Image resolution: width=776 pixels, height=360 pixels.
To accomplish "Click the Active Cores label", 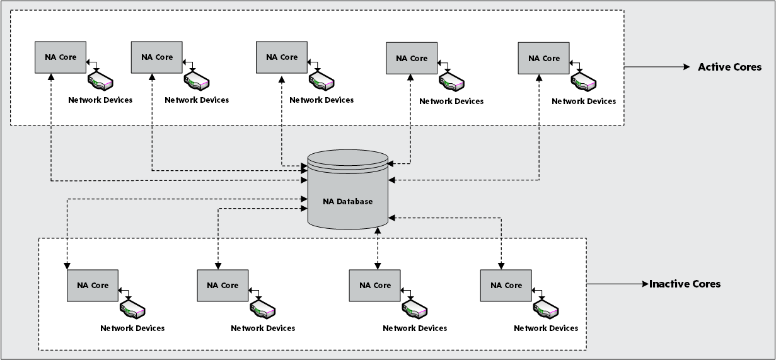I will click(729, 67).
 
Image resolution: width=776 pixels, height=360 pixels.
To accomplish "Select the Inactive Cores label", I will click(685, 284).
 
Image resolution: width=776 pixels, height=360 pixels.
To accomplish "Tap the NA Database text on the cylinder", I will click(347, 202).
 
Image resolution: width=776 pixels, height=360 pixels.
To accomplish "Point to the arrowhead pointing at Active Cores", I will click(686, 67).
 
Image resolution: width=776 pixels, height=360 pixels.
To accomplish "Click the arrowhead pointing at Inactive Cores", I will click(645, 284).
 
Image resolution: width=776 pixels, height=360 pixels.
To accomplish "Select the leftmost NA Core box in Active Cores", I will click(61, 57).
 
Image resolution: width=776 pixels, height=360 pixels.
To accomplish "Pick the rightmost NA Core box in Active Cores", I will click(543, 59).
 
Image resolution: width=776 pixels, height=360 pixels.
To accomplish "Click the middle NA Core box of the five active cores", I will click(282, 57).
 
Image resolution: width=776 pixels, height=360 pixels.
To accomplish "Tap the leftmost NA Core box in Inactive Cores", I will click(93, 286).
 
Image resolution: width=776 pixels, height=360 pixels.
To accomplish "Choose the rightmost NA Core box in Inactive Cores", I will click(506, 286).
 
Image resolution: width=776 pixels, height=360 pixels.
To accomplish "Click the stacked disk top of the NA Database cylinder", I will click(347, 160).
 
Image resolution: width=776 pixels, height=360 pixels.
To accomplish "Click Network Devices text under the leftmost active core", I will click(100, 100).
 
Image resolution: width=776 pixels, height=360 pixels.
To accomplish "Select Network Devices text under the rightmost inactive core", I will click(546, 328).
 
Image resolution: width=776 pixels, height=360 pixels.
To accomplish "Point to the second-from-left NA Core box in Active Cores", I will click(157, 57).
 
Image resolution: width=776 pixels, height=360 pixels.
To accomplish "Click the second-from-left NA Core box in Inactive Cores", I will click(223, 286).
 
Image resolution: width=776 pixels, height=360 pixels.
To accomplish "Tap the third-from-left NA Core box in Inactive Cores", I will click(374, 286).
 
